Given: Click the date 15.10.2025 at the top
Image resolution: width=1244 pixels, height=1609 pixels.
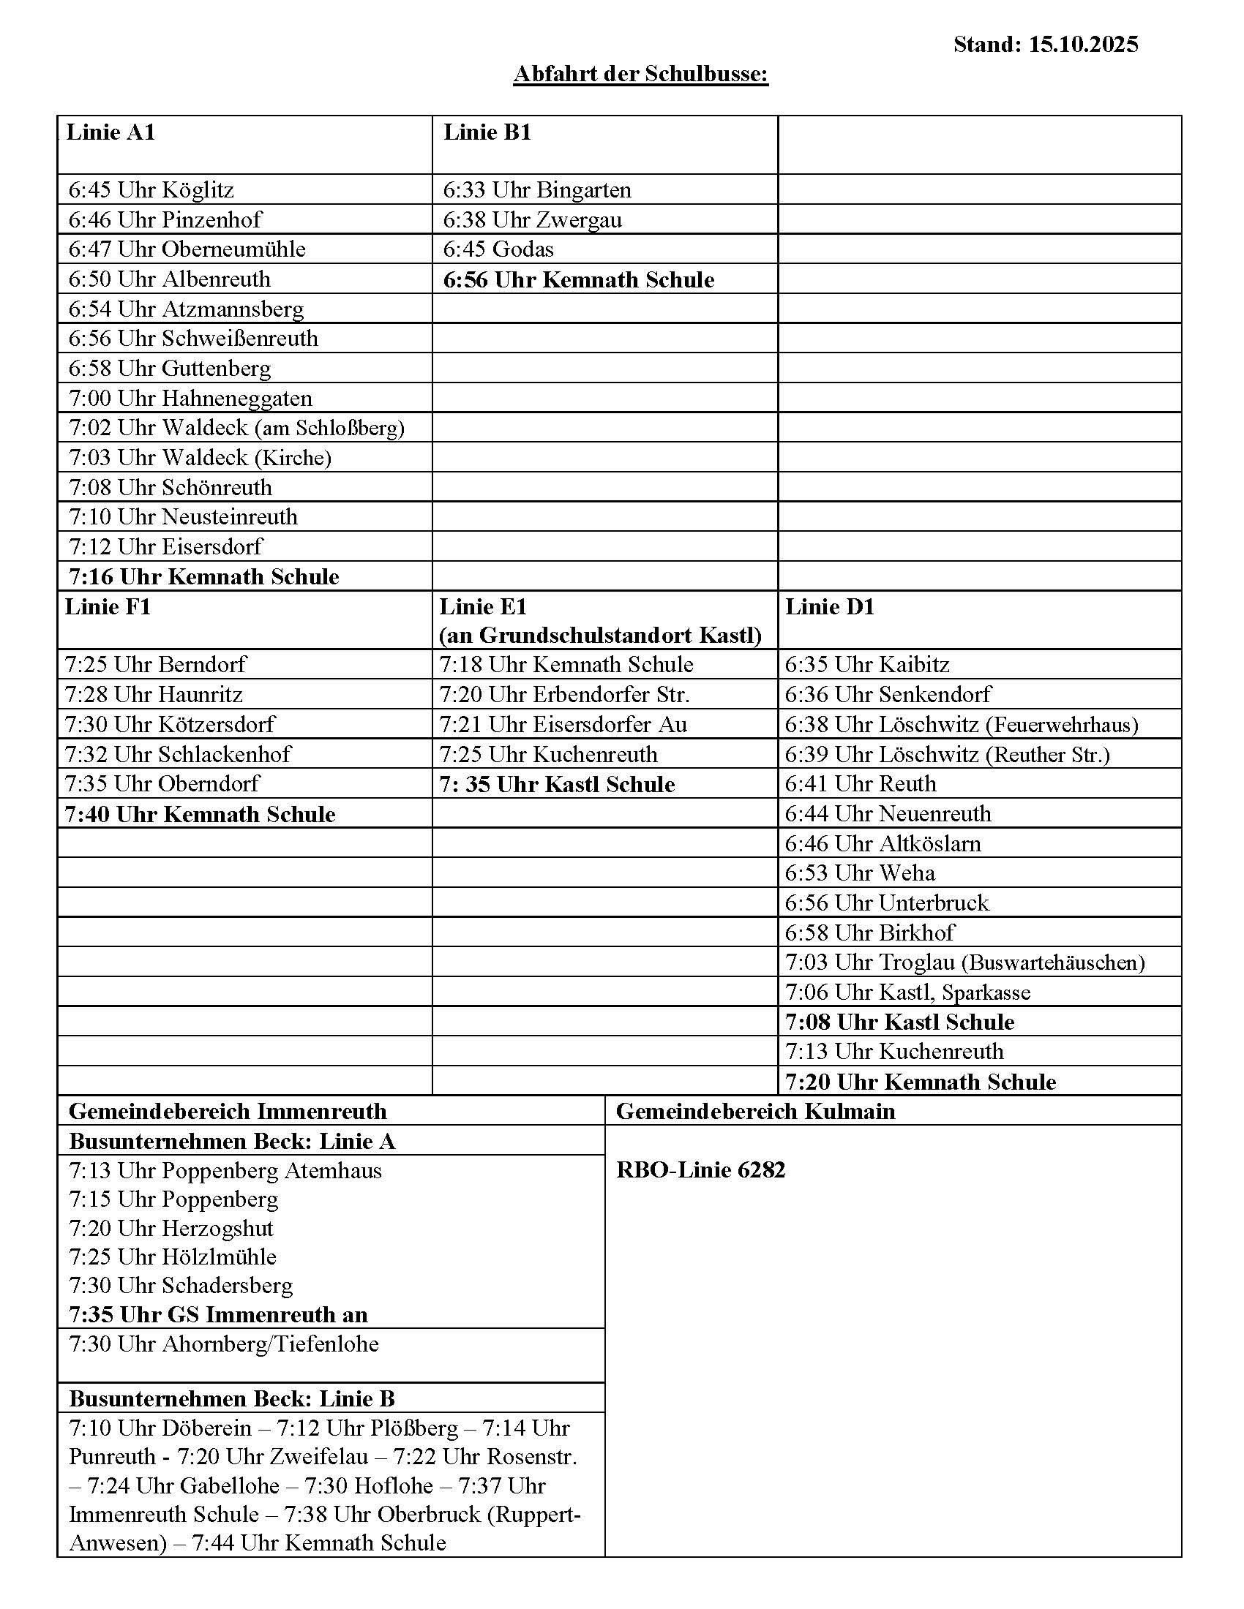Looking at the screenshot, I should [1082, 44].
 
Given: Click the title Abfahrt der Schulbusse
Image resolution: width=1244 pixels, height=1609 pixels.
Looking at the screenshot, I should [640, 74].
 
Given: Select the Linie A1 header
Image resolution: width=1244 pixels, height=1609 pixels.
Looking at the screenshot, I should [110, 132].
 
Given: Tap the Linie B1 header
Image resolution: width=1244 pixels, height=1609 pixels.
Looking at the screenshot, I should [487, 132].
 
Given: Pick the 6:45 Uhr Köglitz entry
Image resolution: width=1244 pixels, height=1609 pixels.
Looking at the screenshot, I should [151, 190].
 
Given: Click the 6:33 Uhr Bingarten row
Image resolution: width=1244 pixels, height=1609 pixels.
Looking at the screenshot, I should [536, 190].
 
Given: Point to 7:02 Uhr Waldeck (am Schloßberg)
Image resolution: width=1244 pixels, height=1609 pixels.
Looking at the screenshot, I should [236, 428].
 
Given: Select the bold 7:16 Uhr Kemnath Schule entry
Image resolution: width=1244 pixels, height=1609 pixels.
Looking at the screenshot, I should [204, 577].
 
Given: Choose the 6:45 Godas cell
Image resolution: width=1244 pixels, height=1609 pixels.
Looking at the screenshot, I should [498, 249].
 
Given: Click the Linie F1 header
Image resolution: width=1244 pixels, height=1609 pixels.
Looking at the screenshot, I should [108, 607].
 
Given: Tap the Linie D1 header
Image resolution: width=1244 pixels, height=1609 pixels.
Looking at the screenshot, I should [829, 607].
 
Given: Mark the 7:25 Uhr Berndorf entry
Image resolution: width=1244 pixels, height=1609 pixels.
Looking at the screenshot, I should [155, 665].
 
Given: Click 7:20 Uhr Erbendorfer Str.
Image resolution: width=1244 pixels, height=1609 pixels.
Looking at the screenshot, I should [564, 695].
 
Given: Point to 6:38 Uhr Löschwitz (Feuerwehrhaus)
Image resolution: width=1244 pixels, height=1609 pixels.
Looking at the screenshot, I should [961, 725].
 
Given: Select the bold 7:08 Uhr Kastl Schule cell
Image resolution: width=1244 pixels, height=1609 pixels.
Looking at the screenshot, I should [899, 1022].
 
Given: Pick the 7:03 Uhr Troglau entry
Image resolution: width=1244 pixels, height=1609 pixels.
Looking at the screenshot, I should [964, 963].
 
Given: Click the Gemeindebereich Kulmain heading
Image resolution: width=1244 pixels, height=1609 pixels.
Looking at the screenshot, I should [755, 1112].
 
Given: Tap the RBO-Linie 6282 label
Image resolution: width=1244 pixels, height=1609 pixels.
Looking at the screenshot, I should [700, 1171].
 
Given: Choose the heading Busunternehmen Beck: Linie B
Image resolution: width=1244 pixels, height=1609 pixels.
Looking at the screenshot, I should [232, 1399].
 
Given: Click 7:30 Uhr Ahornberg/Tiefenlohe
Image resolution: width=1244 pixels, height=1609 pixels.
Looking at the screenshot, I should [224, 1344].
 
